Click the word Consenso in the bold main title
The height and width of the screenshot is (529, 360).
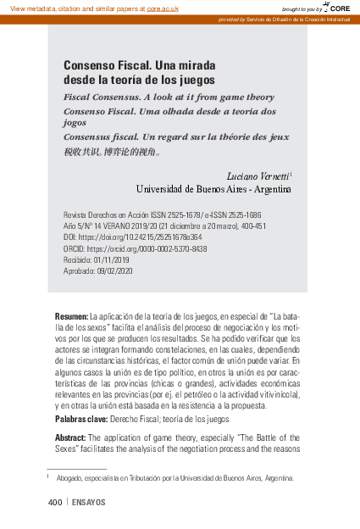(88, 65)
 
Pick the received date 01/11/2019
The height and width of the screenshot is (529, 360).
(112, 260)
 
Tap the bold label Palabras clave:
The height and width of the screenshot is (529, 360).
(80, 419)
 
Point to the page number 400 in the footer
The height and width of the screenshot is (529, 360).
(54, 503)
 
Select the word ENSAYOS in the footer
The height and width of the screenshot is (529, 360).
(89, 503)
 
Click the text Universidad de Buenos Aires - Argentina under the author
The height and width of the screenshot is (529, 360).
(213, 188)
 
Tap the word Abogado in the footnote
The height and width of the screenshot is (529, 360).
(69, 478)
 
